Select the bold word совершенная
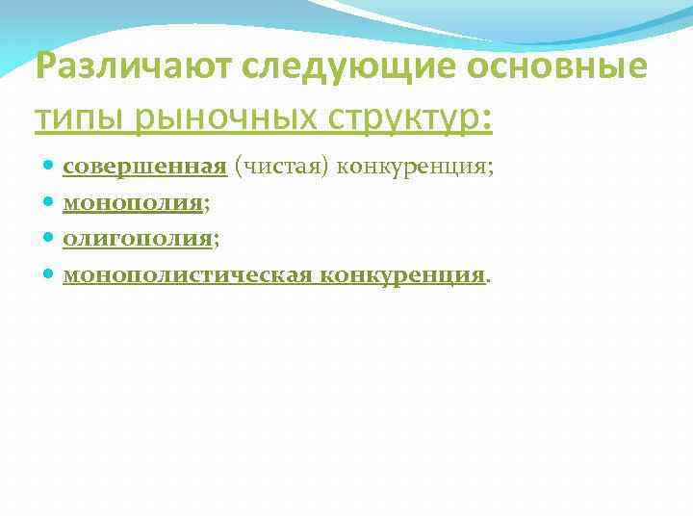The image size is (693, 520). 144,168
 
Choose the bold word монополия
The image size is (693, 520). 132,203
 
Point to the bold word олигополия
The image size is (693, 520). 137,239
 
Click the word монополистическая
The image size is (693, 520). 188,274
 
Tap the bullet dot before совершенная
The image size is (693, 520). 49,169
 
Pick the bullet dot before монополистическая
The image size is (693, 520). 49,275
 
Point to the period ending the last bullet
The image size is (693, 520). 487,279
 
